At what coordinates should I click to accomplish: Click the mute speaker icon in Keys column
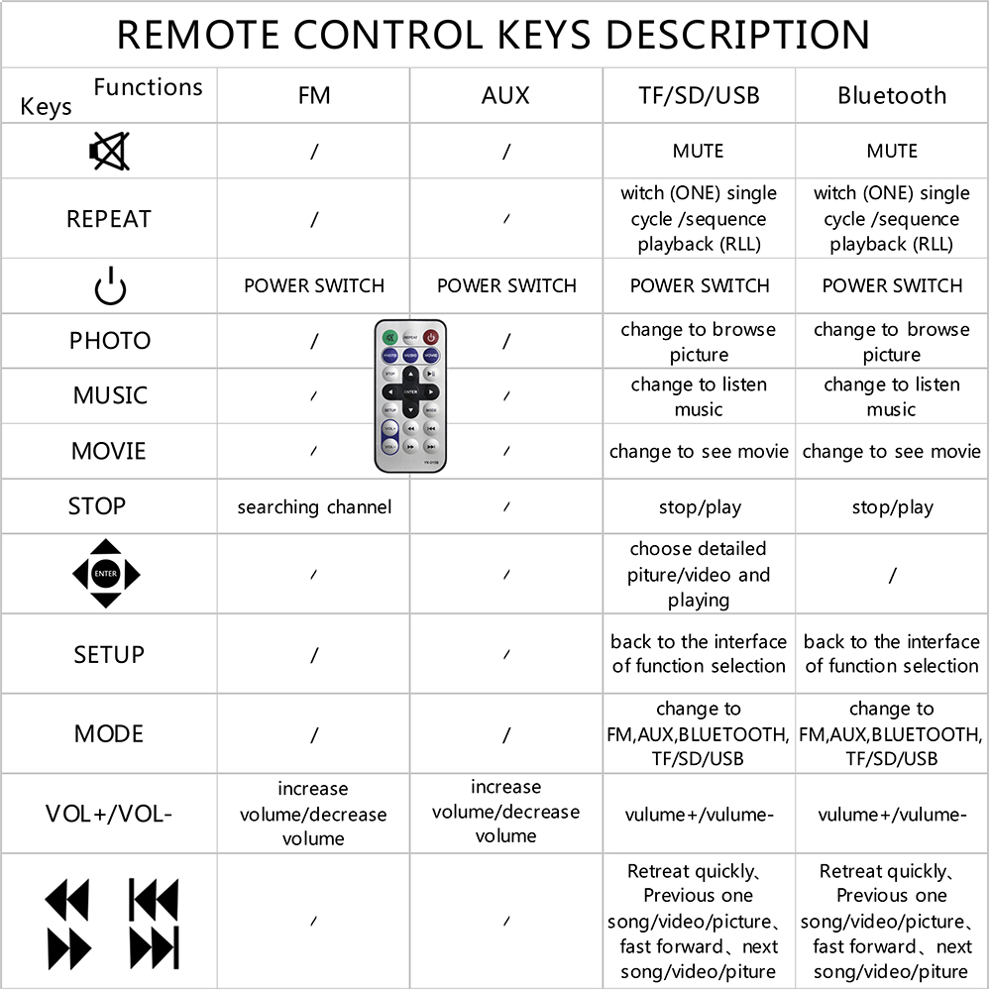tap(109, 152)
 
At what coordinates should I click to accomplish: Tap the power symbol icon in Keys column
tap(110, 286)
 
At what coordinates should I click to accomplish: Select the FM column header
tap(314, 96)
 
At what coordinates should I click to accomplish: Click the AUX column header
tap(505, 96)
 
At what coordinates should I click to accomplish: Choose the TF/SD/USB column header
tap(699, 96)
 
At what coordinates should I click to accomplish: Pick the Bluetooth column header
tap(892, 96)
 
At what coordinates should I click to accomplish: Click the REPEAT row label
tap(109, 219)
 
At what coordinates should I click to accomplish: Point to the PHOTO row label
tap(110, 341)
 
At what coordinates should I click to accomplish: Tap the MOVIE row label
tap(109, 452)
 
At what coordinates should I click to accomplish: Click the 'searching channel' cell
tap(314, 507)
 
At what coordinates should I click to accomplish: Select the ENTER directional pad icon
tap(106, 574)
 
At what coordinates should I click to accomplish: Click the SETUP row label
tap(109, 654)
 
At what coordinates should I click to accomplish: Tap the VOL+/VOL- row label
tap(109, 815)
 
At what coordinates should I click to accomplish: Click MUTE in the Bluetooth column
tap(892, 152)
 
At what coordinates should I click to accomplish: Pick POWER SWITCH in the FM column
tap(314, 286)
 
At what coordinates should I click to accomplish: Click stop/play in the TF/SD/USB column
tap(699, 507)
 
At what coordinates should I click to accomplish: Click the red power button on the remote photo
tap(431, 337)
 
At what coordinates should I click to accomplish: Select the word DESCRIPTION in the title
tap(738, 35)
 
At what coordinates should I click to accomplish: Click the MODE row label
tap(109, 734)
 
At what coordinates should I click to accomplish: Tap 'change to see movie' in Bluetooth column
tap(892, 452)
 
